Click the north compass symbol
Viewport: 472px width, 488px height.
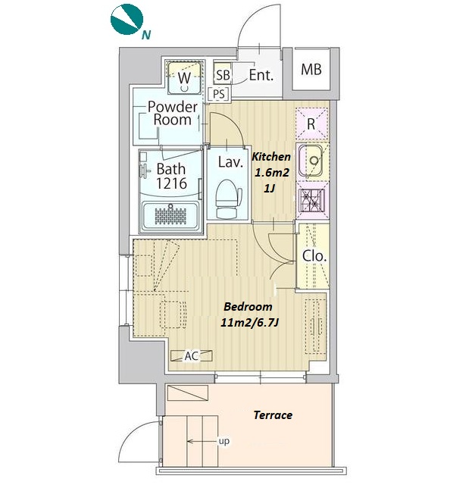click(127, 19)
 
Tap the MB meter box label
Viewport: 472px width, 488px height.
click(311, 70)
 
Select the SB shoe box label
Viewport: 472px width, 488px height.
click(223, 75)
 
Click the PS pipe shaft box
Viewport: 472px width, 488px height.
click(219, 94)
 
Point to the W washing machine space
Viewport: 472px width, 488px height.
click(184, 77)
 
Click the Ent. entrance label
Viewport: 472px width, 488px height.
click(261, 75)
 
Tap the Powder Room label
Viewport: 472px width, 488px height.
click(172, 114)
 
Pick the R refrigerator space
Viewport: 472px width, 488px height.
click(311, 124)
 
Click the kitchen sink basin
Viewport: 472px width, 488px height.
click(311, 161)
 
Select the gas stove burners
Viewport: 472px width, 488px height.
click(311, 200)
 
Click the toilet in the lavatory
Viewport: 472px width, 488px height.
click(228, 199)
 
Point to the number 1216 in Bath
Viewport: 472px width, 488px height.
click(171, 183)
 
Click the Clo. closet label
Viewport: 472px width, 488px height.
click(314, 256)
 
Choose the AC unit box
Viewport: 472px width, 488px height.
click(192, 355)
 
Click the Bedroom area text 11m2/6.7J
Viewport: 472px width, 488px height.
click(249, 323)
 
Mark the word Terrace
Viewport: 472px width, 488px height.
click(273, 414)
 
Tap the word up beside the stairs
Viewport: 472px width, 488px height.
click(224, 441)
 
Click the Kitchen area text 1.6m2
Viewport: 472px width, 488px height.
click(272, 172)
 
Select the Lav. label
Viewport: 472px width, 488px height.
click(230, 162)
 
